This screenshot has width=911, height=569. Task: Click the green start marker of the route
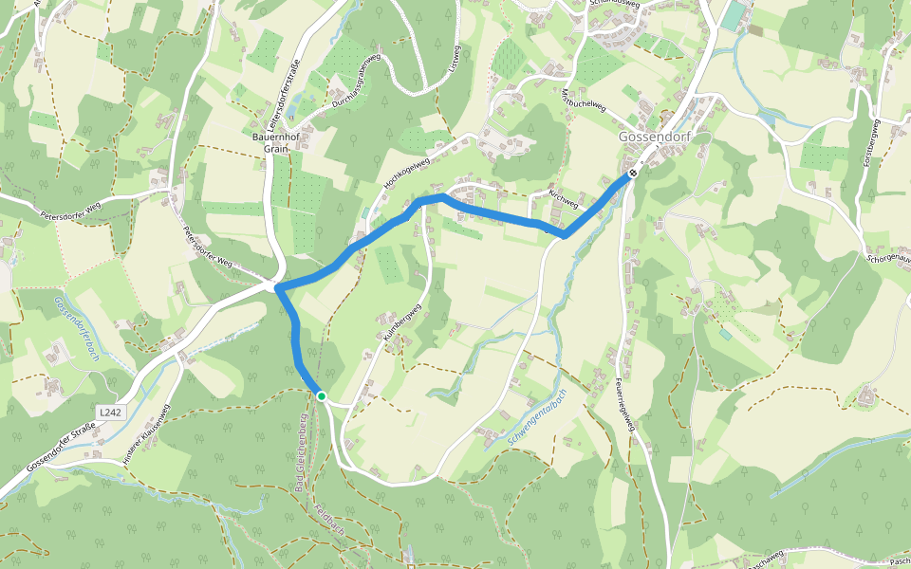click(x=322, y=396)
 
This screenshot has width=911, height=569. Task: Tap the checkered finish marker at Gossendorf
click(x=632, y=174)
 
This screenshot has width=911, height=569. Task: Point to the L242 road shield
click(x=111, y=413)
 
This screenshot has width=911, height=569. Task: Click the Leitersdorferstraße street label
click(x=284, y=96)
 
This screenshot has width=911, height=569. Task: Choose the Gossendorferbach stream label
click(x=77, y=328)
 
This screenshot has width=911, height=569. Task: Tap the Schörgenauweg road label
click(x=889, y=257)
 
